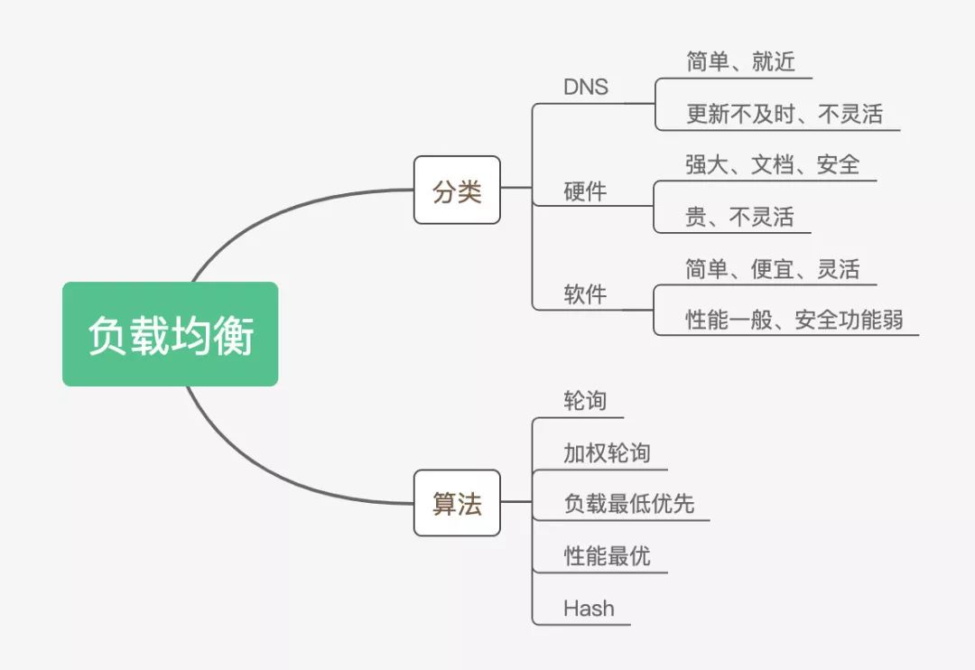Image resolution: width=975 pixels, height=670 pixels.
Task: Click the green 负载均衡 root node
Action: point(170,334)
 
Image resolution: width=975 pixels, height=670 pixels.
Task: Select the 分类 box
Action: point(457,191)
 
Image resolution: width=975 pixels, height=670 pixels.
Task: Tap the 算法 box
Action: point(457,503)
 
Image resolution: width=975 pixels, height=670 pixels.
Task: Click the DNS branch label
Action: point(586,88)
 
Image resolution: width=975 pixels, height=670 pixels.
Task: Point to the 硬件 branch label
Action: point(585,191)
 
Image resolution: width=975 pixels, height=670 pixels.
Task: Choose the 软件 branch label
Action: point(585,294)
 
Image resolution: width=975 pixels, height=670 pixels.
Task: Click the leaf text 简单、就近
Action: point(740,62)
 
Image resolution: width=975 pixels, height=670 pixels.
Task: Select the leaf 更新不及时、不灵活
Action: point(784,114)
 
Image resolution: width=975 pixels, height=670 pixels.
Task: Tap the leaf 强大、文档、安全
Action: point(772,164)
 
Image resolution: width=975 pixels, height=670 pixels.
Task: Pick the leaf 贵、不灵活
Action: point(739,217)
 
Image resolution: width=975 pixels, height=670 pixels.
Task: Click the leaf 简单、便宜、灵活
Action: point(772,269)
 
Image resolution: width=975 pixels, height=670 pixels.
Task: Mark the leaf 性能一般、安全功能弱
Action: point(794,320)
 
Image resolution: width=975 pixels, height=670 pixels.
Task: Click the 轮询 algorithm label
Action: point(585,401)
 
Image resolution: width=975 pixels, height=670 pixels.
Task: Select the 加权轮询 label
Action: point(607,452)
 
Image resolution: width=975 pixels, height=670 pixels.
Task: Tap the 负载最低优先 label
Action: point(628,504)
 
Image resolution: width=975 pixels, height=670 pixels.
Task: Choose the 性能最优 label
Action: point(607,555)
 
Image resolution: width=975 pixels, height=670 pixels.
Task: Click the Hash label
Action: point(589,609)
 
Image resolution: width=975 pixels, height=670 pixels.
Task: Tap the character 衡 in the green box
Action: point(234,335)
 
